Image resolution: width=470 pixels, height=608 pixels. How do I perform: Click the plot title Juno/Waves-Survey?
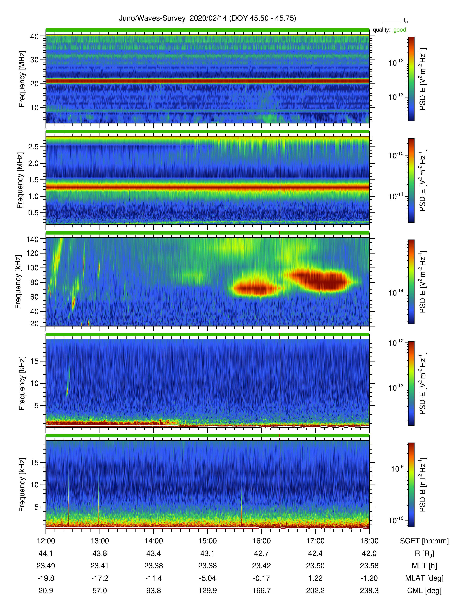coord(152,18)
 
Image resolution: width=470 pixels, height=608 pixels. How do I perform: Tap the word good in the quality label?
coord(400,30)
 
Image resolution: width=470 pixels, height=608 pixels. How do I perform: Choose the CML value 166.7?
coord(262,590)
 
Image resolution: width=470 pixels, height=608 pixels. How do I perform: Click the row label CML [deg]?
coord(424,591)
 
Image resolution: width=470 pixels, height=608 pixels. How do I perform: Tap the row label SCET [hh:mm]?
coord(424,541)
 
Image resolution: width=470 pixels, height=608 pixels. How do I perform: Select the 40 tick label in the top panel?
coord(34,36)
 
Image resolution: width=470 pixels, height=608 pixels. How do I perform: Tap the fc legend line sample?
coord(391,22)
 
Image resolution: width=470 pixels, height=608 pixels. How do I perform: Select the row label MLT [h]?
coord(424,566)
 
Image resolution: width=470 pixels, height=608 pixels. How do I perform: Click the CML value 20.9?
coord(46,590)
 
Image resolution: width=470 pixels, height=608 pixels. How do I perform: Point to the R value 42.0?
coord(369,553)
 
